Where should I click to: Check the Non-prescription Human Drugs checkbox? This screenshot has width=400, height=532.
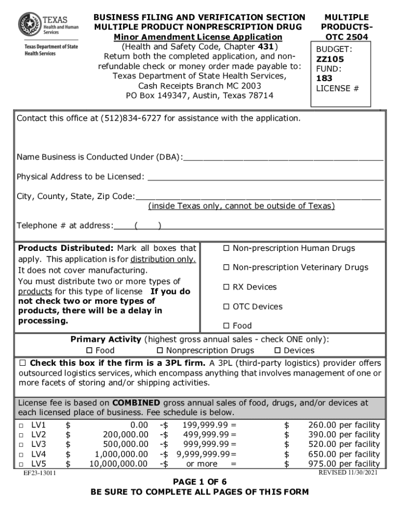point(226,248)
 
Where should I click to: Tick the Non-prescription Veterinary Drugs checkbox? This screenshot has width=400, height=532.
point(226,268)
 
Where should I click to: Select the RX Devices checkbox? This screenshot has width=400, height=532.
point(226,287)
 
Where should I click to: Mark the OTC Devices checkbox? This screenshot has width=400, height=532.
point(226,307)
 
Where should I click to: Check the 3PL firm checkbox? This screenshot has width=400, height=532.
point(22,363)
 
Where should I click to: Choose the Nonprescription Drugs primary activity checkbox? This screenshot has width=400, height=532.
point(161,351)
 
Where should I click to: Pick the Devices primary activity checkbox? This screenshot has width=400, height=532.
point(277,351)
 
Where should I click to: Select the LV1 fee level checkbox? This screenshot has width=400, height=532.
point(21,425)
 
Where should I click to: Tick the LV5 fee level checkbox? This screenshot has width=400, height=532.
point(21,464)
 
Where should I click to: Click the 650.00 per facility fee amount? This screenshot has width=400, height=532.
point(344,454)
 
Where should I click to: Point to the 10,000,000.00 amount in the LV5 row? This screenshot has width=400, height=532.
point(118,464)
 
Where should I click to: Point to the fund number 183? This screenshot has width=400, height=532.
point(325,78)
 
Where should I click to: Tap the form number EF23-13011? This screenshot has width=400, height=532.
point(39,473)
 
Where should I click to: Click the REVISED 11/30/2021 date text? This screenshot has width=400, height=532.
point(348,472)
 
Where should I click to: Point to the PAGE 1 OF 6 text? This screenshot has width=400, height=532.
point(199,482)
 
